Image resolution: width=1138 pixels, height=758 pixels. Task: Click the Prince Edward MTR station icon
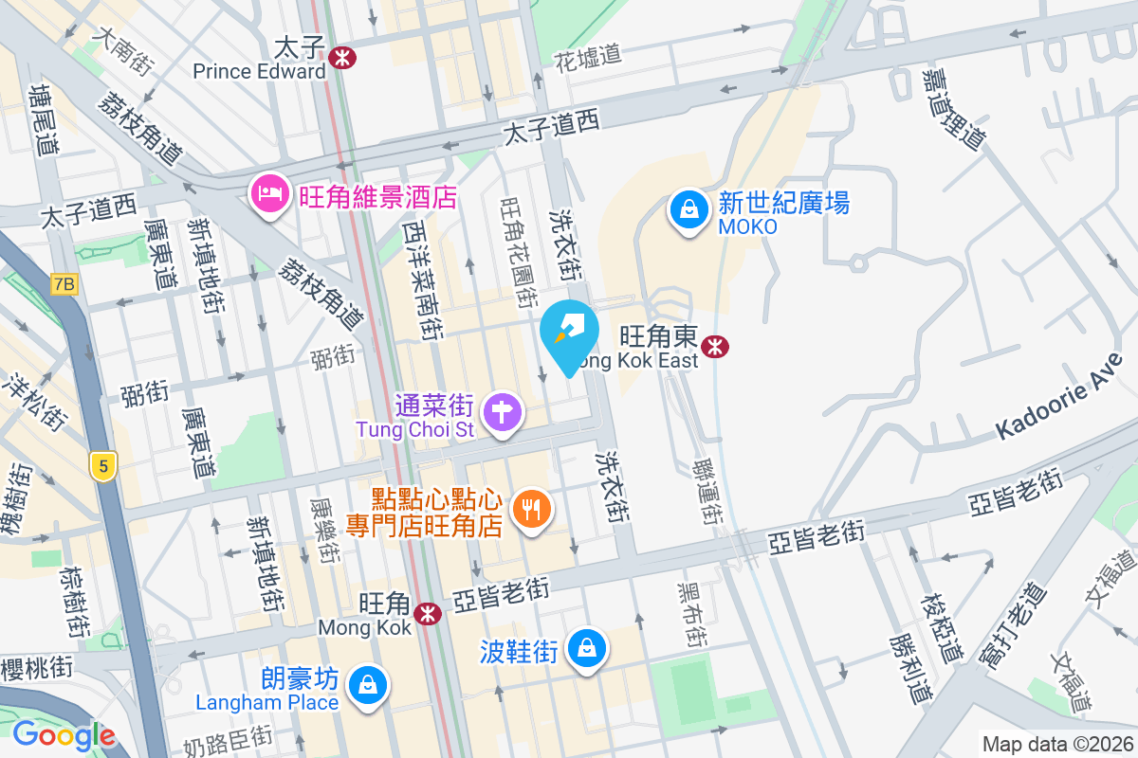[343, 58]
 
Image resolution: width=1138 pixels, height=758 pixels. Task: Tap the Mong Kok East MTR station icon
[714, 348]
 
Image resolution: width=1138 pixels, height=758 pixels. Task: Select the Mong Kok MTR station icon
[429, 614]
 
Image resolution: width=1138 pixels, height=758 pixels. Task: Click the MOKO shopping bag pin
[688, 209]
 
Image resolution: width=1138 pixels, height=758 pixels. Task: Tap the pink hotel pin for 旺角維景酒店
[268, 195]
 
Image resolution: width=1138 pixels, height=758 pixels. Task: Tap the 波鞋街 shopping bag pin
[587, 649]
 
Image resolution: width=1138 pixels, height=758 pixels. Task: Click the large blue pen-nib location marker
[569, 334]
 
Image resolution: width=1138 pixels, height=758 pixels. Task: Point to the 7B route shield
[64, 284]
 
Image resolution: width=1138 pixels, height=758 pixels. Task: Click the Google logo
[64, 735]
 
